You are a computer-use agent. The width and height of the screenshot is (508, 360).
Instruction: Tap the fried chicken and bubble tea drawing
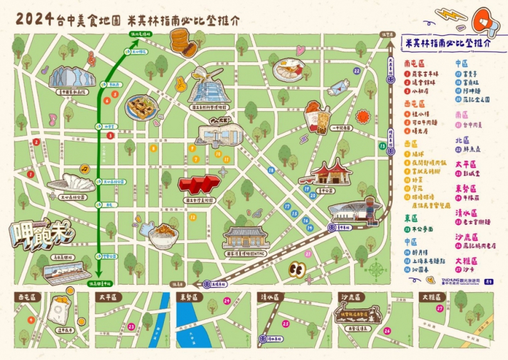317,116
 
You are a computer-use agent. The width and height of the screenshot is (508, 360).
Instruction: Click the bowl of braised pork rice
164,234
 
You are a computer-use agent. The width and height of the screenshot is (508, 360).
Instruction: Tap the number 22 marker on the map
357,71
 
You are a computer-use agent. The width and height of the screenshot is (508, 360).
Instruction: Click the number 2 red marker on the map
37,141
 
